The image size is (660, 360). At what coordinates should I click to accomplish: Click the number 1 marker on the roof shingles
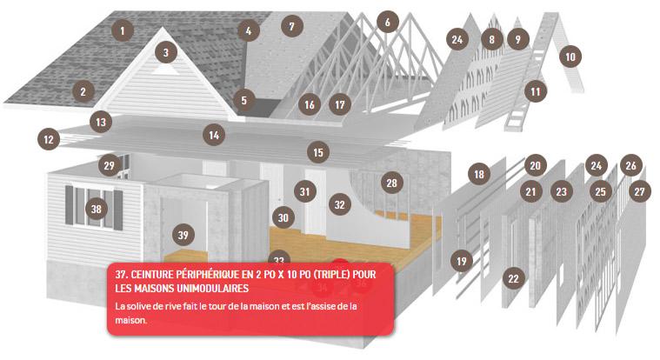(123, 30)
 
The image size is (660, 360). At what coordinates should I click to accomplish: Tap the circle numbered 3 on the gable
(166, 52)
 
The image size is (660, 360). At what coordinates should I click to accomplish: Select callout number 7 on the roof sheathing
(291, 26)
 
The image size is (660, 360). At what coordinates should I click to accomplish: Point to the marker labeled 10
(570, 57)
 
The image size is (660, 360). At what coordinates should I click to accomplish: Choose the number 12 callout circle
(49, 139)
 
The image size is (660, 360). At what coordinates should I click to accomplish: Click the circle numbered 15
(318, 152)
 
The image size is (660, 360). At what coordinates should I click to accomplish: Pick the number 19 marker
(462, 261)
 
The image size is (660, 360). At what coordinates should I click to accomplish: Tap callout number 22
(514, 278)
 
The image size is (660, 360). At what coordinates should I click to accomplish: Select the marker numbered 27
(639, 191)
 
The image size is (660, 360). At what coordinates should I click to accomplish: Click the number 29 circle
(110, 165)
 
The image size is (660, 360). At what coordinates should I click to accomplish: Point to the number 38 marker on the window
(97, 209)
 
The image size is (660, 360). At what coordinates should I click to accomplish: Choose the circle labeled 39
(183, 235)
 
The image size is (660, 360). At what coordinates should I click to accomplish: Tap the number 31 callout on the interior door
(305, 191)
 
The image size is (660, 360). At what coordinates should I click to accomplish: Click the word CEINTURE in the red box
(151, 275)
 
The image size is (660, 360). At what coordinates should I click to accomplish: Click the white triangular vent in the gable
(164, 69)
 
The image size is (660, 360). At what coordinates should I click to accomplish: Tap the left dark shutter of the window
(70, 205)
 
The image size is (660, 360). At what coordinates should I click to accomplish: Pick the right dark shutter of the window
(118, 210)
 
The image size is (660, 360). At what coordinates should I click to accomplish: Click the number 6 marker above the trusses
(388, 22)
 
